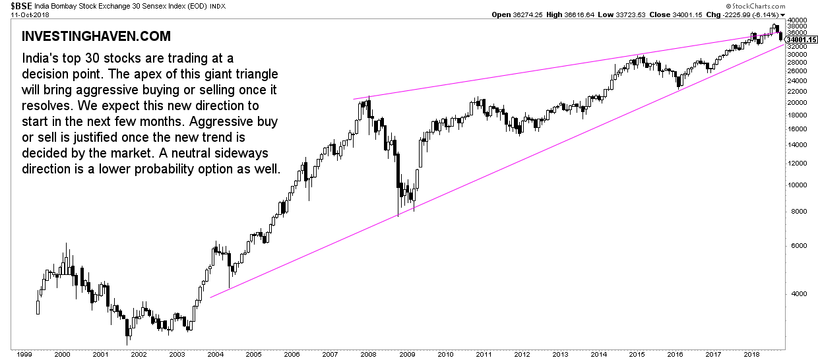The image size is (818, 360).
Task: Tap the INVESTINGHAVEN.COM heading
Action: (x=96, y=36)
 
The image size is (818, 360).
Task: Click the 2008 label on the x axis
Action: (x=368, y=354)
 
